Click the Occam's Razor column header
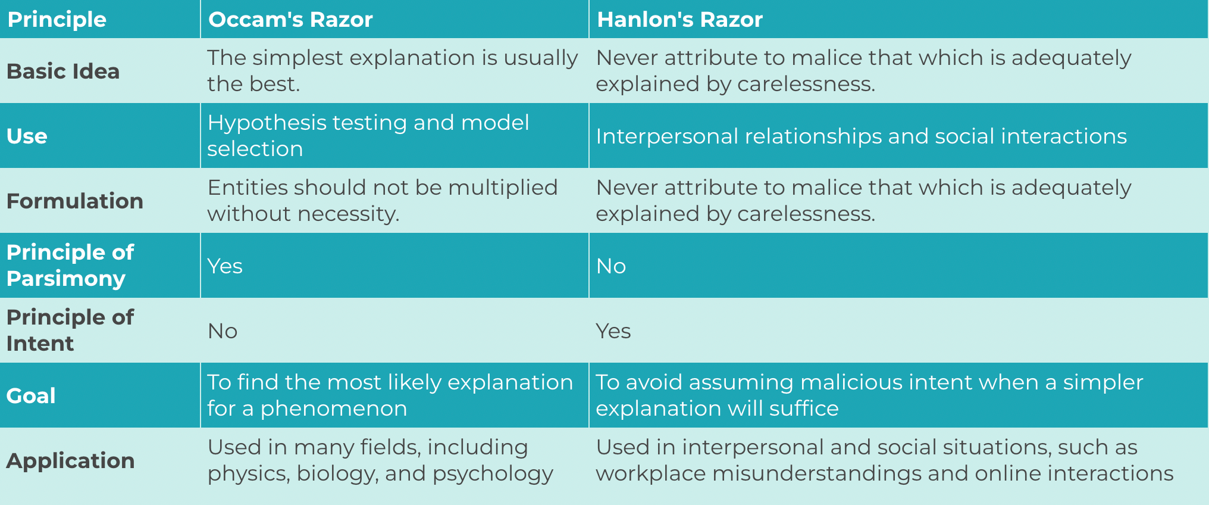[x=290, y=20]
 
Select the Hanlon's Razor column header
[x=679, y=20]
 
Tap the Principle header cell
[x=57, y=20]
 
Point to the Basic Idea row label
[x=63, y=71]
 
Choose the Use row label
[x=27, y=136]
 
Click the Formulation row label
[x=75, y=201]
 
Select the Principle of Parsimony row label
[x=70, y=266]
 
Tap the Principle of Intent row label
[x=70, y=331]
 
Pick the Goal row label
[x=31, y=396]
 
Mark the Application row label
[x=70, y=461]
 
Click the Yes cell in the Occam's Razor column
[x=225, y=266]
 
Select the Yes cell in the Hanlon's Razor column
[x=613, y=331]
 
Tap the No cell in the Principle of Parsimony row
[x=611, y=266]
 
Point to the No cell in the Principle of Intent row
[x=223, y=331]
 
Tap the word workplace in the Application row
[x=651, y=473]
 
